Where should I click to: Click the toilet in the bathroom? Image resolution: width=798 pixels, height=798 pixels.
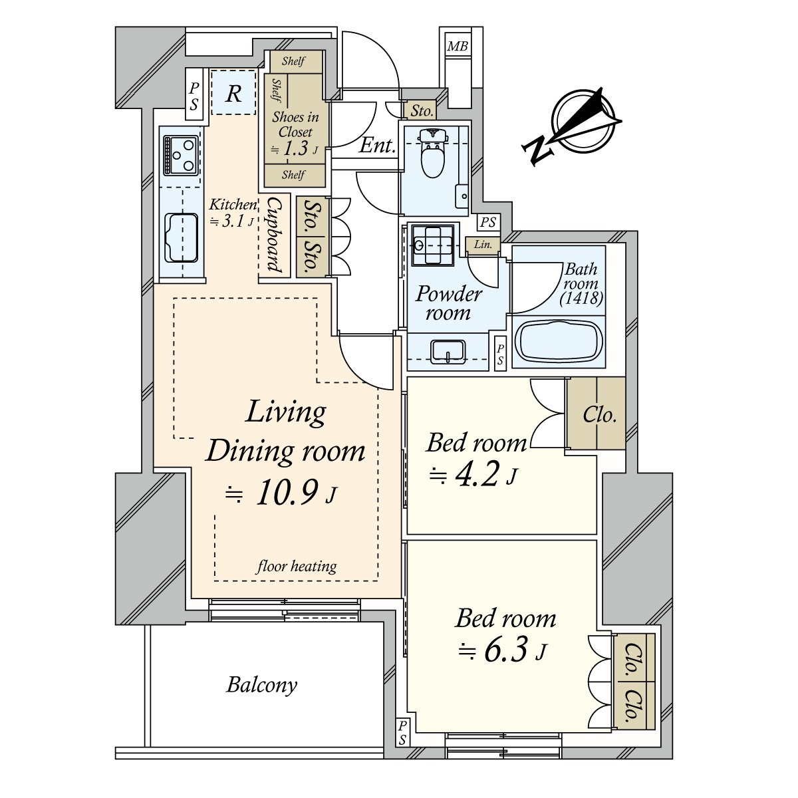(432, 153)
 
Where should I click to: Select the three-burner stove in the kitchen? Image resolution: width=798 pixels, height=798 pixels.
(181, 155)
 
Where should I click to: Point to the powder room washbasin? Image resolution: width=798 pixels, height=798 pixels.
(448, 352)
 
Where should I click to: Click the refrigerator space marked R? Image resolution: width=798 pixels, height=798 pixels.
(233, 92)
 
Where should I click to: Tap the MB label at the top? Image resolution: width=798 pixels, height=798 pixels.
(458, 46)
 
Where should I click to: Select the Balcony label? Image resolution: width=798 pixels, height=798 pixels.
(261, 686)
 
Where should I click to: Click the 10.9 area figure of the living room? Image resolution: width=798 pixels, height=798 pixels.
(287, 493)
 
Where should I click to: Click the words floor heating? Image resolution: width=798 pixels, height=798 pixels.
(297, 566)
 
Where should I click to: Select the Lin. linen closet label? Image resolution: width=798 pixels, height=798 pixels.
(483, 244)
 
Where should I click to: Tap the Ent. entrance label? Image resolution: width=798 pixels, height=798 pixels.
(377, 146)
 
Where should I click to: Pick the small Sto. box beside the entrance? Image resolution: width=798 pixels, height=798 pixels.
(421, 110)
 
